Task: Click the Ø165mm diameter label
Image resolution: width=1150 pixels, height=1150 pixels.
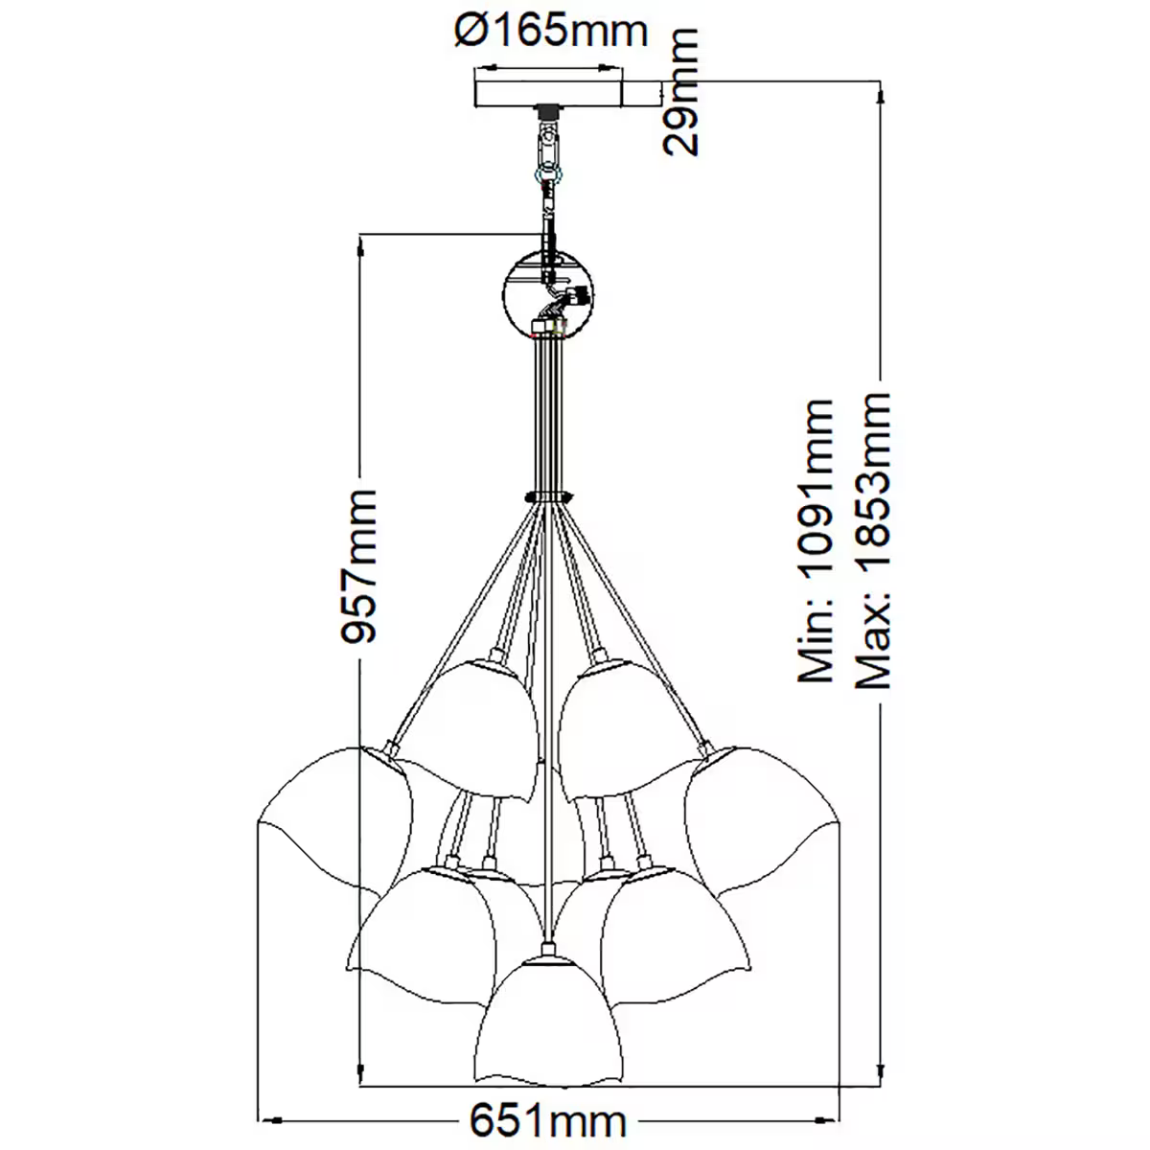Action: point(550,33)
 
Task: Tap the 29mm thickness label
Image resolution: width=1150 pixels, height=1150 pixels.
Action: point(682,93)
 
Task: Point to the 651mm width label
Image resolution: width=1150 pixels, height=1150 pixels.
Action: point(548,1119)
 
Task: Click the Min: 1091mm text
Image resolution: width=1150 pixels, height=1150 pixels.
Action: point(816,541)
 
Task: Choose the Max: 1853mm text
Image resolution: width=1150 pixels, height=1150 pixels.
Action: point(874,541)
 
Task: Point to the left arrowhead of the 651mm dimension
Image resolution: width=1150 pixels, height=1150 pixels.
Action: point(272,1119)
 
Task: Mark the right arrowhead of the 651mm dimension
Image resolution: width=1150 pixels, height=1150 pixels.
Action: point(830,1119)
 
